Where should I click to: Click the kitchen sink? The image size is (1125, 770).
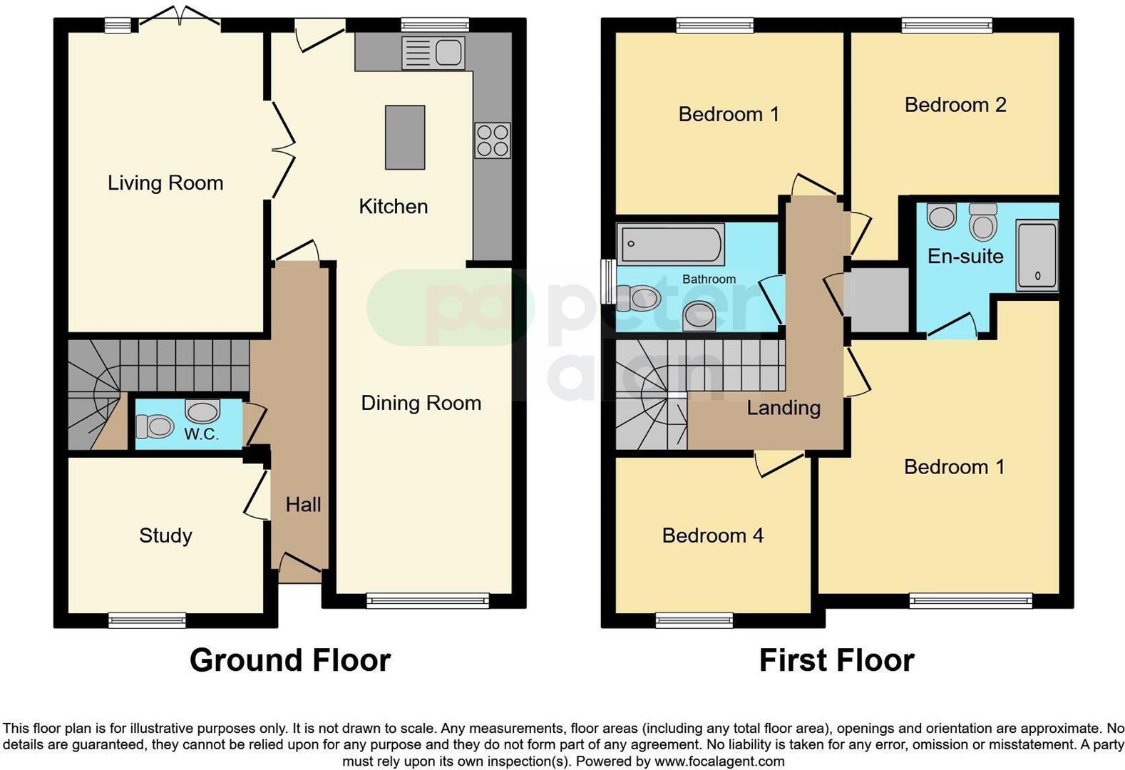pyautogui.click(x=433, y=53)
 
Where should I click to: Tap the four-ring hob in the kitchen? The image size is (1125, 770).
pyautogui.click(x=492, y=140)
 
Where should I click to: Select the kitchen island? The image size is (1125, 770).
pyautogui.click(x=405, y=138)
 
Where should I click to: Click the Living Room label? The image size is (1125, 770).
pyautogui.click(x=165, y=183)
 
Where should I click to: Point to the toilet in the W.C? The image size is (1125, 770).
pyautogui.click(x=155, y=427)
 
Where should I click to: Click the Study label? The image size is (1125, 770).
pyautogui.click(x=165, y=535)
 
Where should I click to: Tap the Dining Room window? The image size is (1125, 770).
pyautogui.click(x=428, y=600)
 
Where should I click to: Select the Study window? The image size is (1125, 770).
pyautogui.click(x=147, y=620)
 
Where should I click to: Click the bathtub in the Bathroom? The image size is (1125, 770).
pyautogui.click(x=670, y=244)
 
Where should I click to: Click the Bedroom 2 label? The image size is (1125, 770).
pyautogui.click(x=955, y=105)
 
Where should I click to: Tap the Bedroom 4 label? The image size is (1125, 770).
pyautogui.click(x=712, y=535)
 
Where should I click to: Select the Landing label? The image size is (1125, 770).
pyautogui.click(x=784, y=408)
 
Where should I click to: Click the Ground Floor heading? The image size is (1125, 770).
pyautogui.click(x=290, y=660)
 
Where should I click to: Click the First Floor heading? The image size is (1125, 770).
pyautogui.click(x=836, y=660)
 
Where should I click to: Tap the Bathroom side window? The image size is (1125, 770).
pyautogui.click(x=607, y=281)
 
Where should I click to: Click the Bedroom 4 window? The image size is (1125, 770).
pyautogui.click(x=694, y=620)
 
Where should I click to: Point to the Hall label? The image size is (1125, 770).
pyautogui.click(x=303, y=505)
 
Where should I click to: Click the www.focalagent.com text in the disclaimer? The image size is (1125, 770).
pyautogui.click(x=719, y=761)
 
